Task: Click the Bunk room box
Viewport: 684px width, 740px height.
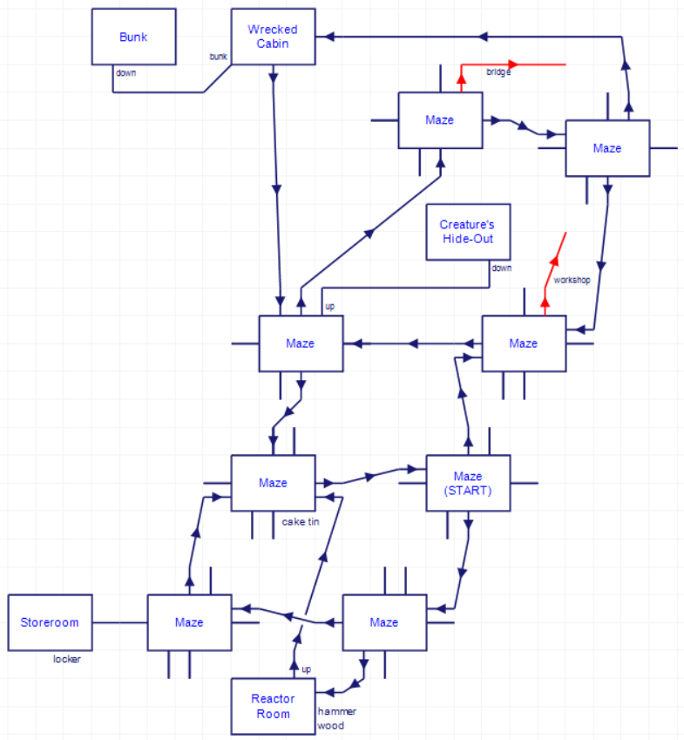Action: [x=134, y=37]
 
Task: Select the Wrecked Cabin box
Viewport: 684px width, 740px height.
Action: [x=273, y=37]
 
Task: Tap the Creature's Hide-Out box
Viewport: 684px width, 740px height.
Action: [x=468, y=232]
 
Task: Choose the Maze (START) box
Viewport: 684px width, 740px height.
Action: [x=468, y=483]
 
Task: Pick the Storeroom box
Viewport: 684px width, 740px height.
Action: [x=50, y=622]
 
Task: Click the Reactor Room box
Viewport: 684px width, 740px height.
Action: [x=273, y=706]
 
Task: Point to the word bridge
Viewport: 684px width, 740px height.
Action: [x=498, y=72]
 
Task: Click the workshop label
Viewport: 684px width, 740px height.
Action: [x=572, y=281]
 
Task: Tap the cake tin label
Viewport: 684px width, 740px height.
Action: [x=301, y=522]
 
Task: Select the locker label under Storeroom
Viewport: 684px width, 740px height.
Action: [x=66, y=660]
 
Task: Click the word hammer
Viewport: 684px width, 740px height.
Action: [x=337, y=711]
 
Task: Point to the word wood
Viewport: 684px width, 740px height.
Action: [x=331, y=725]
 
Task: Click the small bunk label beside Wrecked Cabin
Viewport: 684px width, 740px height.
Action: [x=218, y=57]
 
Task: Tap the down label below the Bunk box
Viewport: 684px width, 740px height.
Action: [x=125, y=73]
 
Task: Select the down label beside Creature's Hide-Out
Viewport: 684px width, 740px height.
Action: [x=501, y=268]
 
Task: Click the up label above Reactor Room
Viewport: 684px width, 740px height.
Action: [x=306, y=669]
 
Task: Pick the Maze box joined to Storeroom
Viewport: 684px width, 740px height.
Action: [x=189, y=622]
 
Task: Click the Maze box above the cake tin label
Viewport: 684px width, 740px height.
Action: [x=273, y=483]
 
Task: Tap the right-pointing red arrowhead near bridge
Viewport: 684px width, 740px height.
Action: [x=514, y=64]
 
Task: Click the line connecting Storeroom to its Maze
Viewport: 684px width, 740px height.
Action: [x=120, y=622]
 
